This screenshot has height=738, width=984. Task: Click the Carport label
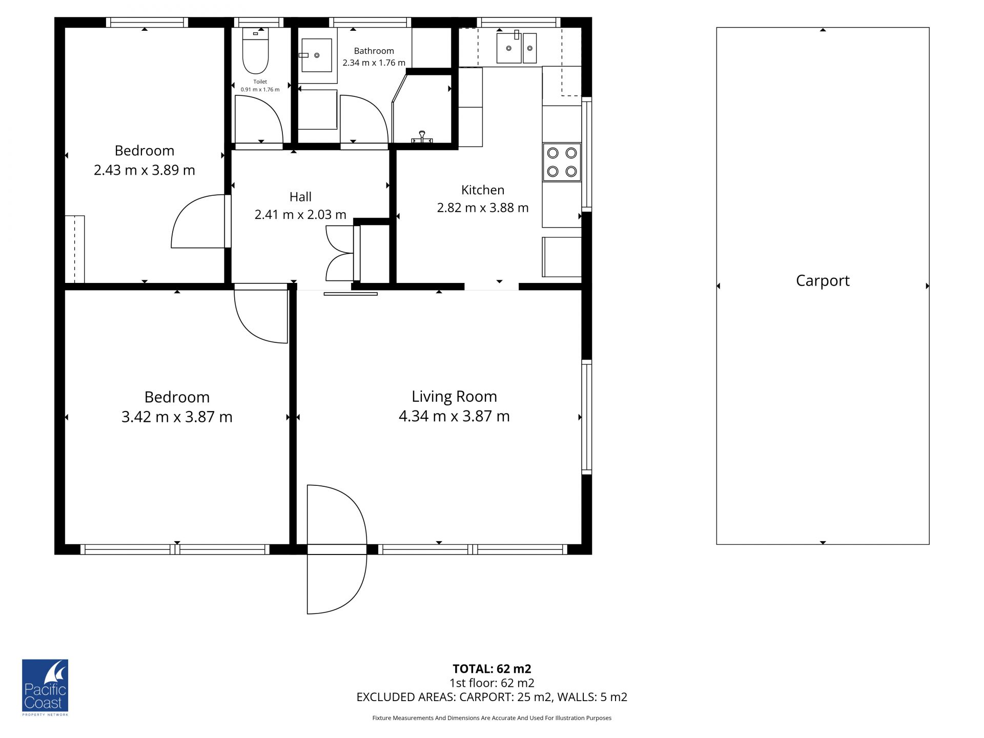pyautogui.click(x=823, y=281)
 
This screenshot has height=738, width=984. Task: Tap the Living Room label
pyautogui.click(x=454, y=396)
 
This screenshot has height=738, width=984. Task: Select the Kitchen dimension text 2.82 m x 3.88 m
pyautogui.click(x=482, y=208)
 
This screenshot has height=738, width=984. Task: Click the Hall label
pyautogui.click(x=300, y=197)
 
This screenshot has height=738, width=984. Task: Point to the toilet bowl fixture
pyautogui.click(x=255, y=51)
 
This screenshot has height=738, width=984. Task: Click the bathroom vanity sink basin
pyautogui.click(x=316, y=55)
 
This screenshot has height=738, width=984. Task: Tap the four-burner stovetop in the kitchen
pyautogui.click(x=562, y=162)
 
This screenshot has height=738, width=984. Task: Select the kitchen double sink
pyautogui.click(x=517, y=48)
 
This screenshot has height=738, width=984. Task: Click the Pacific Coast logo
pyautogui.click(x=45, y=687)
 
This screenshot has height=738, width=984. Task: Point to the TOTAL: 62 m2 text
pyautogui.click(x=492, y=669)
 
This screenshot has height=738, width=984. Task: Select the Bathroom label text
pyautogui.click(x=374, y=51)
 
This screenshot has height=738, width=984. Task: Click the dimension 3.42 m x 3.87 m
pyautogui.click(x=177, y=417)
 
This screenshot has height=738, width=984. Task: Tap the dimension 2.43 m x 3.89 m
pyautogui.click(x=145, y=170)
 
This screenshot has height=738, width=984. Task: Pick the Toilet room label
pyautogui.click(x=260, y=81)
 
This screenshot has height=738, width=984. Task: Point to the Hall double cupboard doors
pyautogui.click(x=339, y=254)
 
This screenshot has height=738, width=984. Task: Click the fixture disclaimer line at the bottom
pyautogui.click(x=492, y=718)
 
